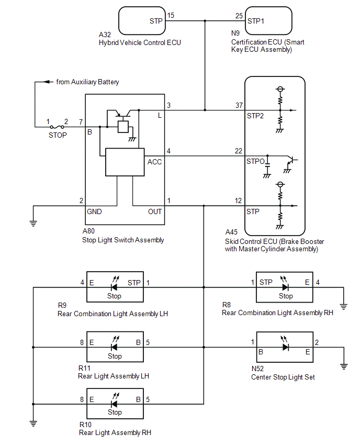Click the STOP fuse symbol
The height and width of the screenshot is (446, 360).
coord(58,127)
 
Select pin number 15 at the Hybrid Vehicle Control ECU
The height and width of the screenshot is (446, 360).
coord(171,16)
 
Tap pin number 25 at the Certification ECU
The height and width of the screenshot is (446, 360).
coord(239,16)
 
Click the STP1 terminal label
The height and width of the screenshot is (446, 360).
coord(257,21)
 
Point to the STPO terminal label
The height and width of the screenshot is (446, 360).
coord(256,162)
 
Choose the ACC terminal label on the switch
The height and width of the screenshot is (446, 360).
coord(155,162)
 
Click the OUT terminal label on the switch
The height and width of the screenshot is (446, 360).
coord(155,211)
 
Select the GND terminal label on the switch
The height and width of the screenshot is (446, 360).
coord(94,211)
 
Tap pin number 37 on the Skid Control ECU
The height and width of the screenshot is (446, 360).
coord(239,105)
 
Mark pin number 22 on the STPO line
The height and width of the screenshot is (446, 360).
coord(239,151)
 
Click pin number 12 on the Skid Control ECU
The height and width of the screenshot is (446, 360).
coord(239,200)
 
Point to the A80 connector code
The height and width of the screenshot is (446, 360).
coord(89,231)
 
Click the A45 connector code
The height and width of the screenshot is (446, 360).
coord(232,232)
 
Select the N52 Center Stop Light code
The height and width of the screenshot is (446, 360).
coord(258,368)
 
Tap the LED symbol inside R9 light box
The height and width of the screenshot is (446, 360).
coord(114,286)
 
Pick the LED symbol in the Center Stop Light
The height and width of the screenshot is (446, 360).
coord(286,347)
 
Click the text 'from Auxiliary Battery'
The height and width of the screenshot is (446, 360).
coord(87,82)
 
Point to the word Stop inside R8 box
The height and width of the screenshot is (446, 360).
coord(286,296)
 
